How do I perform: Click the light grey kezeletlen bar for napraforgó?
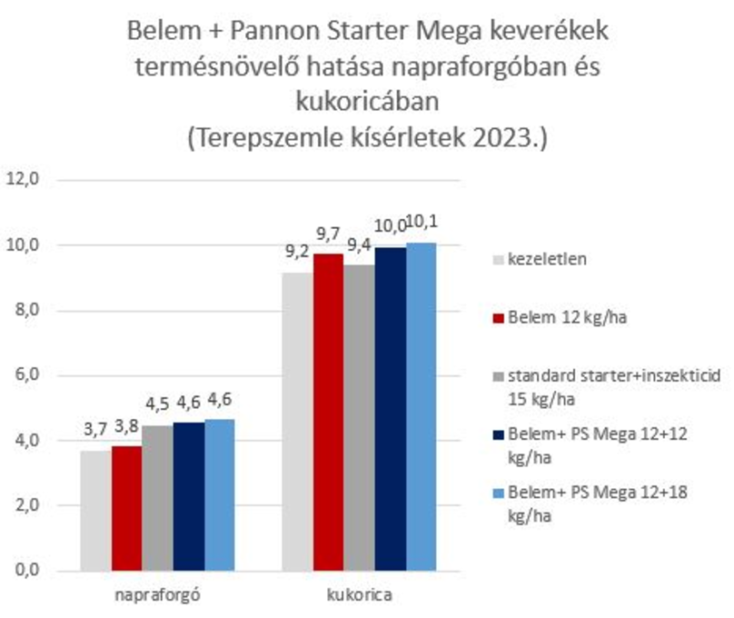(x=95, y=511)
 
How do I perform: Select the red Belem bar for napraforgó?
(x=126, y=508)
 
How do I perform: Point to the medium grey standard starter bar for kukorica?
(x=360, y=417)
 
